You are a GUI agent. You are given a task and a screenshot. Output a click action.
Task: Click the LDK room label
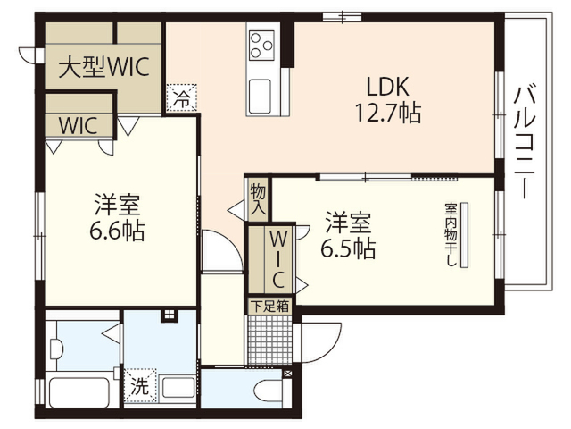click(387, 87)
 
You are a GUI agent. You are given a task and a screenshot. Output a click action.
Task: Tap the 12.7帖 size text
click(388, 113)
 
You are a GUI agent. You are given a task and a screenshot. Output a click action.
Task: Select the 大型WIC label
click(104, 67)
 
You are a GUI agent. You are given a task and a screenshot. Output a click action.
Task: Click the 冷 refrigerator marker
click(181, 97)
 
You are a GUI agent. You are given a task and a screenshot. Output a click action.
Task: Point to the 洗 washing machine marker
click(140, 385)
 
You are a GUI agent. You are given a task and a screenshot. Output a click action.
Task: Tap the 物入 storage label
click(258, 199)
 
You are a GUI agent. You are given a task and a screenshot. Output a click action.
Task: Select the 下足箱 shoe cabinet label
click(269, 306)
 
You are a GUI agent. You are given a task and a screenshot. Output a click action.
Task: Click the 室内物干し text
click(451, 234)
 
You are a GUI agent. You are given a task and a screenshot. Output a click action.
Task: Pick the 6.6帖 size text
click(117, 231)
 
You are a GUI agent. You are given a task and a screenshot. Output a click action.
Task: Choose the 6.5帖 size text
click(348, 248)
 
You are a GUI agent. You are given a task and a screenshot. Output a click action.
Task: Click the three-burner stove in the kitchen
click(261, 46)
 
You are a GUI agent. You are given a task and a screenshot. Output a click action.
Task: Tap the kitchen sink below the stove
click(260, 96)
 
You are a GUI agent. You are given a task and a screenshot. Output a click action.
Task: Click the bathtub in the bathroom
click(79, 392)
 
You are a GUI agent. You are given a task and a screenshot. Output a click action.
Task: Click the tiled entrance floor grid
click(269, 340)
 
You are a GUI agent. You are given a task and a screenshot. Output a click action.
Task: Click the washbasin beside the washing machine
click(178, 388)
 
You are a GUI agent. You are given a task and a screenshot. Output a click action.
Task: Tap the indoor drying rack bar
click(464, 235)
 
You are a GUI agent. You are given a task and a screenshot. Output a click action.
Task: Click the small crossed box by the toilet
click(287, 374)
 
